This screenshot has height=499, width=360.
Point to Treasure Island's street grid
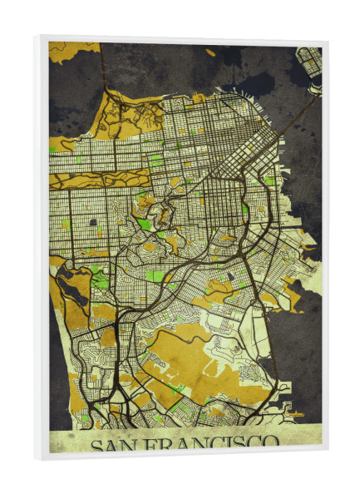pyautogui.click(x=309, y=58)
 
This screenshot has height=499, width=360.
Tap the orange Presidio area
pyautogui.click(x=125, y=112)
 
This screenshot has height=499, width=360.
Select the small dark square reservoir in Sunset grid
pyautogui.click(x=91, y=223)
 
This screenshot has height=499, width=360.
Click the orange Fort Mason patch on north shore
pyautogui.click(x=198, y=99)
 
